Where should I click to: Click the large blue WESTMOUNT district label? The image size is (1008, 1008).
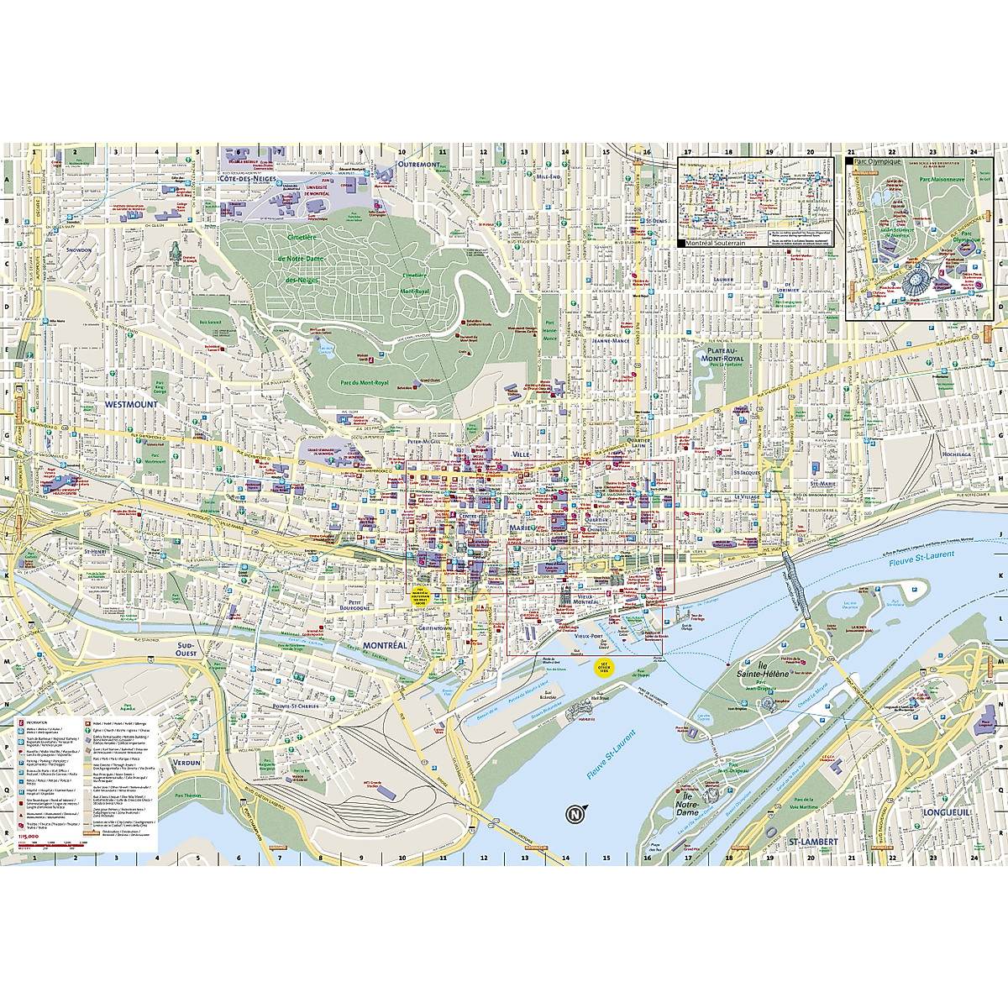[131, 404]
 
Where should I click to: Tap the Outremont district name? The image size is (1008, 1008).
[418, 165]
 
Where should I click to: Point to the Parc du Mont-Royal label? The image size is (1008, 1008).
[365, 383]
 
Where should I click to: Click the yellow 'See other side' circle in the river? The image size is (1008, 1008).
[604, 668]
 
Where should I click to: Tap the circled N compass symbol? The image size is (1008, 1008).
[575, 814]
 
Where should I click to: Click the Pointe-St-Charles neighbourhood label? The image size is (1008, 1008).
[295, 706]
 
